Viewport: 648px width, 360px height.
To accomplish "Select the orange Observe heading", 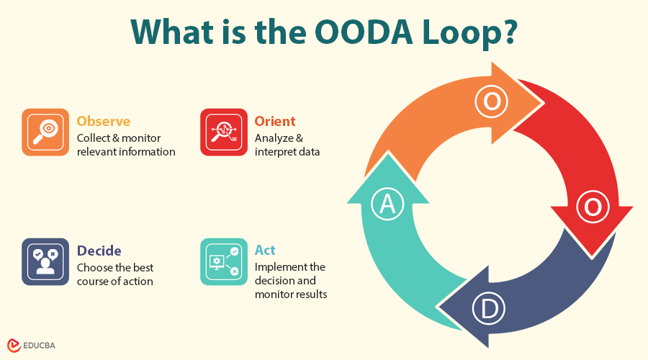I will click(104, 121).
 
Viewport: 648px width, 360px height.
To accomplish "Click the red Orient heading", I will click(275, 121).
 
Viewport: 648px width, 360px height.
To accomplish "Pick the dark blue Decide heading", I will click(99, 251).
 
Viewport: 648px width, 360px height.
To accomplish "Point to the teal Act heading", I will click(265, 251).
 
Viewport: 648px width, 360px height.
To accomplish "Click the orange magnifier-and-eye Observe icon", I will click(45, 132).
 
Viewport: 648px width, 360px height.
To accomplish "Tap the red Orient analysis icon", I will click(224, 132).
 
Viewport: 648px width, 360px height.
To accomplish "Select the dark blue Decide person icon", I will click(45, 261).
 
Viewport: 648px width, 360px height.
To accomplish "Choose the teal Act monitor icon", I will click(224, 261).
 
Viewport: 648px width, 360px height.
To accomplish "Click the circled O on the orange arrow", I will click(492, 102).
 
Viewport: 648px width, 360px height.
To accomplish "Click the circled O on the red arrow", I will click(592, 207).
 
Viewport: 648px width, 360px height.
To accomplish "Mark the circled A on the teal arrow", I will click(387, 204).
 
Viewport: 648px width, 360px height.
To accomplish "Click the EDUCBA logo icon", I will click(14, 346).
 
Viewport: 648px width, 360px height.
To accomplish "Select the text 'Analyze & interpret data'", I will click(287, 145).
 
